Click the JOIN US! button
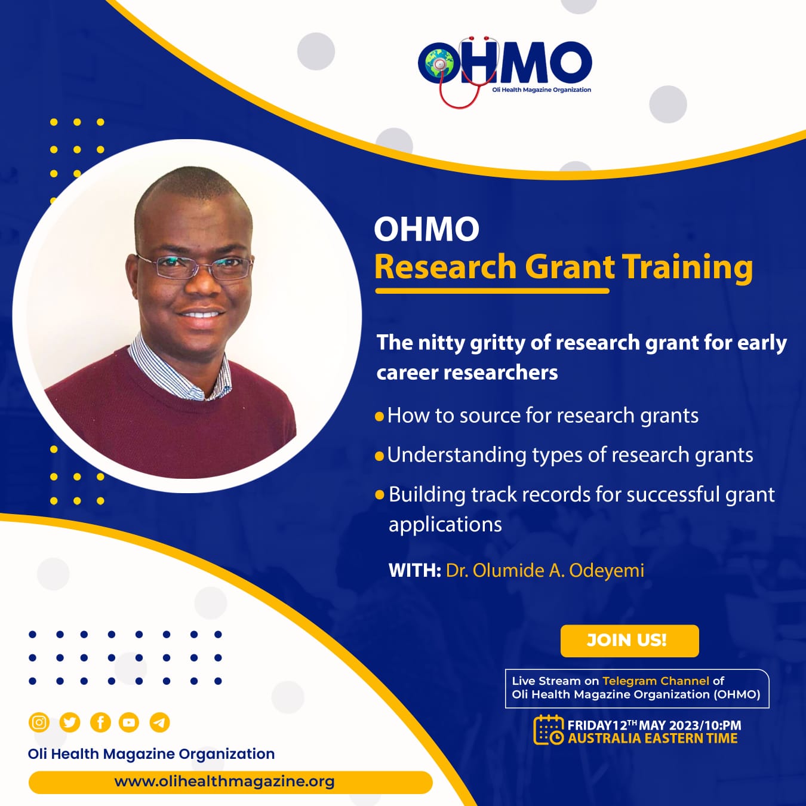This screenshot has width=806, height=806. (629, 641)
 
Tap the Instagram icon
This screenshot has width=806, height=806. (39, 722)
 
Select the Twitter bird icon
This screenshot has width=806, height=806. (70, 722)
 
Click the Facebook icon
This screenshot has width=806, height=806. (100, 722)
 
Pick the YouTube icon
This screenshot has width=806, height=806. (129, 722)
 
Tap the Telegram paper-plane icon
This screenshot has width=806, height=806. (160, 722)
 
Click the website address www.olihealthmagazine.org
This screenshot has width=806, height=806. (224, 782)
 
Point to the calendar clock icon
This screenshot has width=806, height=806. (548, 730)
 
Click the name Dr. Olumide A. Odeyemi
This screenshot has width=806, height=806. (545, 571)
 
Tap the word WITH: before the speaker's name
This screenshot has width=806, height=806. (415, 571)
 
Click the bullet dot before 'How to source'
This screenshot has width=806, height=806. (379, 417)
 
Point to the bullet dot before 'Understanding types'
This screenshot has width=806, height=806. (379, 456)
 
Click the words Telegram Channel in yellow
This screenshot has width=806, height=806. (656, 681)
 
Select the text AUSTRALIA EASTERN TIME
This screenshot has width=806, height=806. (653, 739)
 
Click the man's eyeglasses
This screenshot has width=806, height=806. (195, 266)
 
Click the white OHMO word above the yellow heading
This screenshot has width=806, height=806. (427, 229)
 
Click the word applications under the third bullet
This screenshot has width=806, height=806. (445, 525)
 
